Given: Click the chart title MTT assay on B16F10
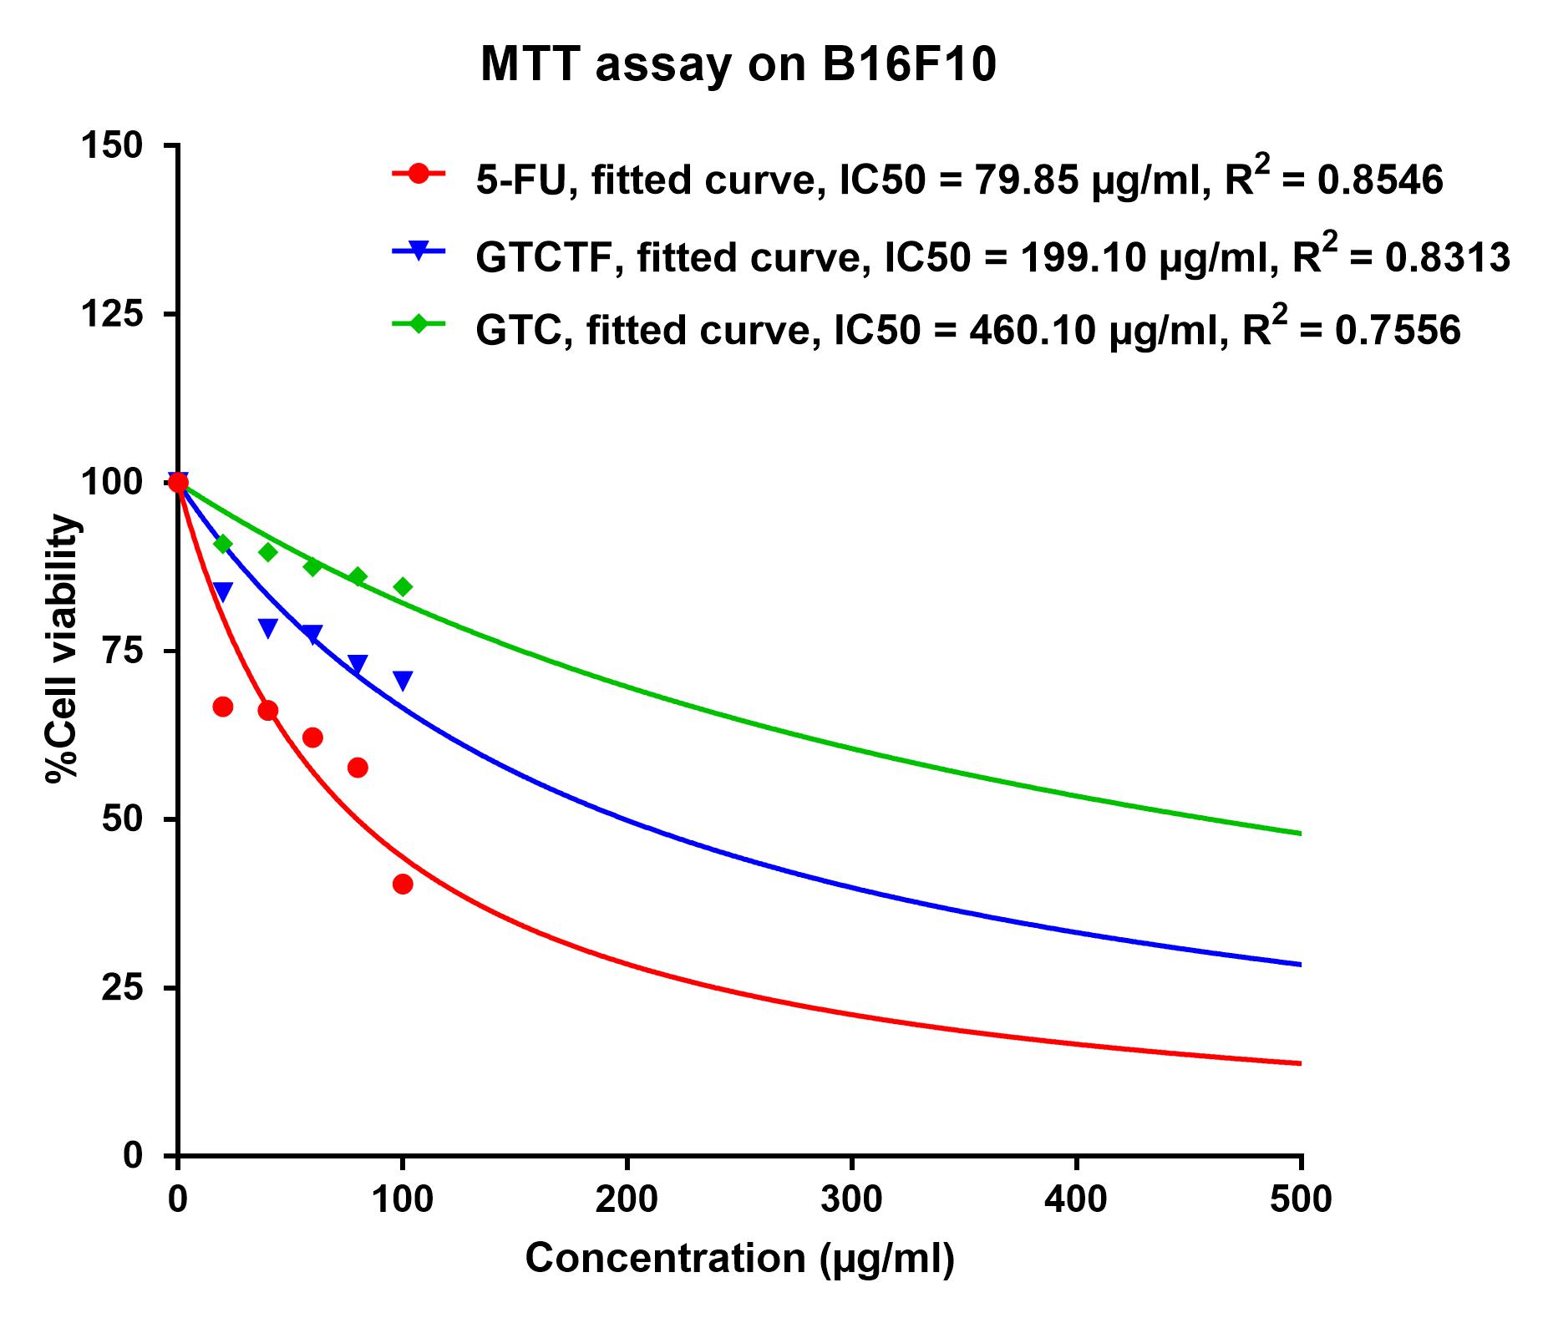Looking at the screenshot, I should coord(738,65).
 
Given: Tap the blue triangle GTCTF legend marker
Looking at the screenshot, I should coord(419,250).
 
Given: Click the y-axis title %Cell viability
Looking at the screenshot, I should coord(63,650).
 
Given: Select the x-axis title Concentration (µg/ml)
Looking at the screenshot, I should coord(739,1258).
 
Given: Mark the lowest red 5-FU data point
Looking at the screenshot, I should coord(403,885).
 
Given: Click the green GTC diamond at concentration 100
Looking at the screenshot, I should coord(403,587).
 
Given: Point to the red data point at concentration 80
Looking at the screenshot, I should coord(358,768).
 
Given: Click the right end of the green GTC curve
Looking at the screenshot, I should coord(1300,834).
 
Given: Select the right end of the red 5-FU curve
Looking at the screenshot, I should coord(1300,1063).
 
